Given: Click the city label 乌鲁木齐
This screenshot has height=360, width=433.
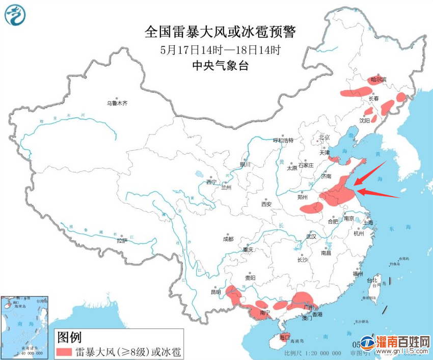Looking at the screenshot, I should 117,103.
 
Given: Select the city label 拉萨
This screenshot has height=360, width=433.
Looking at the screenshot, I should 121,241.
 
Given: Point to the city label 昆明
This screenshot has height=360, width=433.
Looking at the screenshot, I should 215,292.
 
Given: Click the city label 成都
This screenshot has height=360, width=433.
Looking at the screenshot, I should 228,239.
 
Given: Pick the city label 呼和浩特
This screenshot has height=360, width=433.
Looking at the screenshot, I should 284,140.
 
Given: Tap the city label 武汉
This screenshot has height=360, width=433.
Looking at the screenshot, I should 311,237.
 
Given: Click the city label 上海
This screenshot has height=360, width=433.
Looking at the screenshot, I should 367,223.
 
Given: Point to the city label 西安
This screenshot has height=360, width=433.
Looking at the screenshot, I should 267,204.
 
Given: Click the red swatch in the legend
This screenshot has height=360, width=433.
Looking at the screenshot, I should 64,351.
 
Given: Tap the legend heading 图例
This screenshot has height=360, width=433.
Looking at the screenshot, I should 69,337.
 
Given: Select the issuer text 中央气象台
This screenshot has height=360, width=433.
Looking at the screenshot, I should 220,65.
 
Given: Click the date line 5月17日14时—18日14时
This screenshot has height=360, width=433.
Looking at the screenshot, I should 220,50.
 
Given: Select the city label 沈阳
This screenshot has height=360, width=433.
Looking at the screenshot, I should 364,121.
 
